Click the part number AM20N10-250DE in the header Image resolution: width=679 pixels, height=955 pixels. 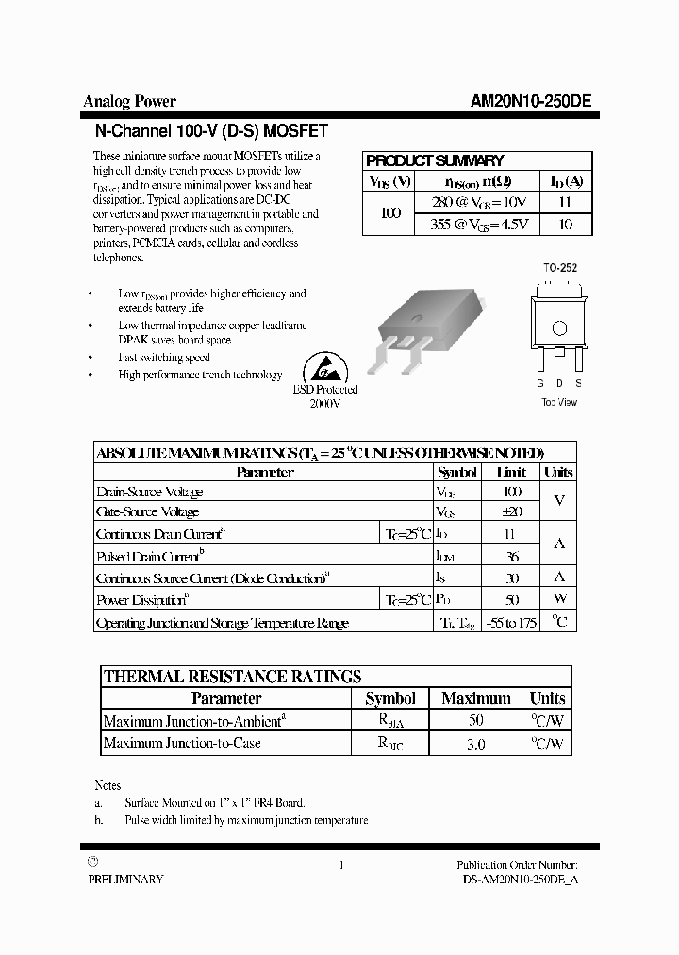(x=531, y=103)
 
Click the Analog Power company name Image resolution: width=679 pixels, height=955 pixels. (x=130, y=102)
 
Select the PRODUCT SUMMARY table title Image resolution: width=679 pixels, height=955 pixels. (x=435, y=160)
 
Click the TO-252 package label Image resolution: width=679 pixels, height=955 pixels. (x=559, y=268)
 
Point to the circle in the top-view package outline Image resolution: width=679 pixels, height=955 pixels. (x=559, y=328)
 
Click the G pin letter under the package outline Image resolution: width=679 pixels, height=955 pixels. (x=540, y=383)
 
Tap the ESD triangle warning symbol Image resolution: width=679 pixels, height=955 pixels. (x=323, y=369)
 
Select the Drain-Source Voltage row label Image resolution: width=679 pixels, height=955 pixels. (x=150, y=492)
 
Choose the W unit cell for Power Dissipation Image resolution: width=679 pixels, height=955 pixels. (x=559, y=599)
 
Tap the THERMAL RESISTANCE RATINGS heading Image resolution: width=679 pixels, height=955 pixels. (x=232, y=676)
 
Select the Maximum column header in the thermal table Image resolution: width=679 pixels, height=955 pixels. (x=475, y=698)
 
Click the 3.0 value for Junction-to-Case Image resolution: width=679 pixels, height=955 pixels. (x=475, y=745)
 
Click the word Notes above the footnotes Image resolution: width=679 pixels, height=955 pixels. (x=108, y=785)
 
